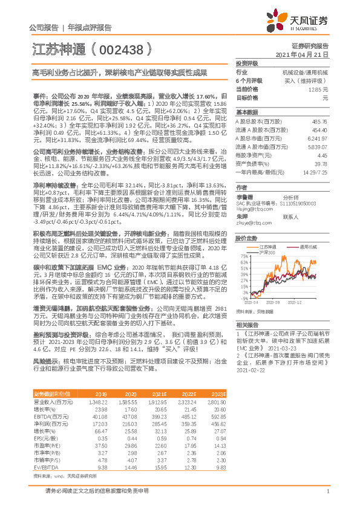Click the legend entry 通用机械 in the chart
(310, 247)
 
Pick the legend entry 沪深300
(267, 252)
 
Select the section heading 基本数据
(246, 112)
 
